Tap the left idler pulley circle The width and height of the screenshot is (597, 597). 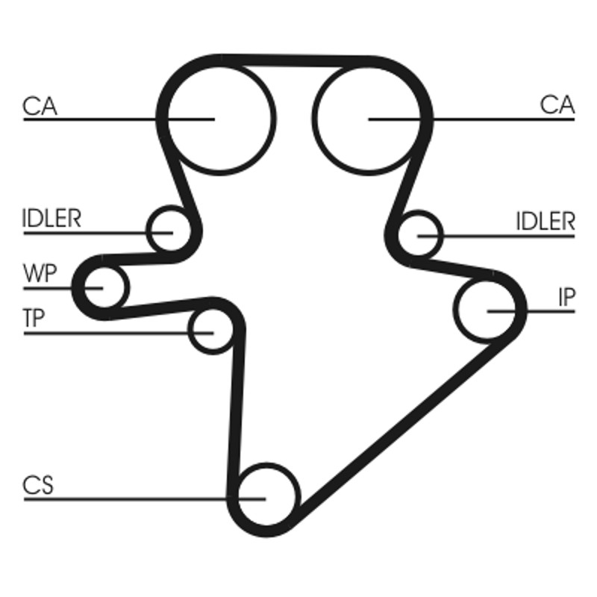(x=170, y=231)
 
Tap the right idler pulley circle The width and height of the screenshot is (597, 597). (x=419, y=236)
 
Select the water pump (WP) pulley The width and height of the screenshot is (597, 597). (x=101, y=286)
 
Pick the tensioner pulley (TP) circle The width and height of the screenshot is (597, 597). (x=212, y=331)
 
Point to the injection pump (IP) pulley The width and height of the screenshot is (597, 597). (x=487, y=309)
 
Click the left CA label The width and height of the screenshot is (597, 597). (x=39, y=105)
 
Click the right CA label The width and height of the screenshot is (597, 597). (x=557, y=105)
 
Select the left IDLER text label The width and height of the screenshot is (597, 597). (x=51, y=220)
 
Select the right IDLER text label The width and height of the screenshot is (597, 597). (x=546, y=222)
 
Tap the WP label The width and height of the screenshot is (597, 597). (x=40, y=273)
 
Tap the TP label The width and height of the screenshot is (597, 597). (x=34, y=319)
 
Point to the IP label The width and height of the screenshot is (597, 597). (x=566, y=298)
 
